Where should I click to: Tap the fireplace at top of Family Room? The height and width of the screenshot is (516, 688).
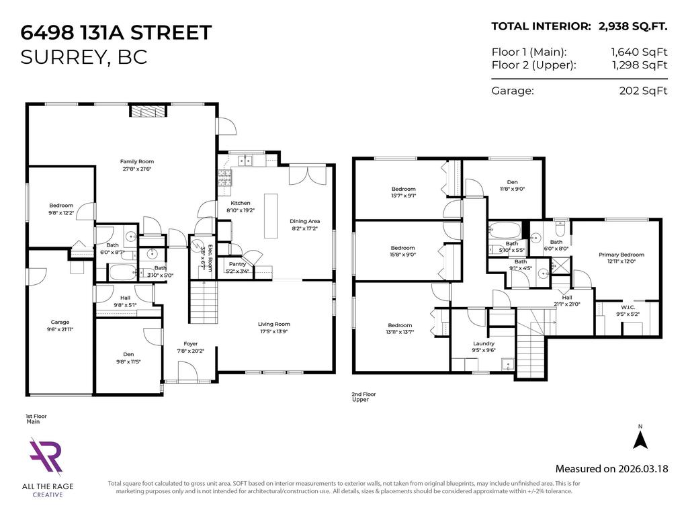click(x=145, y=111)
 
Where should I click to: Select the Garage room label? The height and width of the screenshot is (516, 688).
click(x=60, y=322)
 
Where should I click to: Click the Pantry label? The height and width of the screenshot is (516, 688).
click(x=237, y=264)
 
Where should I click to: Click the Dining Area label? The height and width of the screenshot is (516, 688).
click(x=304, y=221)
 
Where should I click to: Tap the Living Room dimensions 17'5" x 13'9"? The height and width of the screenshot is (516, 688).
click(x=274, y=332)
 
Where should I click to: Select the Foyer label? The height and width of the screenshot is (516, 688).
click(x=190, y=343)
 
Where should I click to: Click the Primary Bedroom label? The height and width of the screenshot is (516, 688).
click(x=621, y=255)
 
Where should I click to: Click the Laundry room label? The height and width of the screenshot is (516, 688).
click(x=484, y=343)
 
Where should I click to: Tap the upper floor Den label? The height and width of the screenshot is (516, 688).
click(x=507, y=181)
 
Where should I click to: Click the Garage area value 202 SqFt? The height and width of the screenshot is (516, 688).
click(x=643, y=91)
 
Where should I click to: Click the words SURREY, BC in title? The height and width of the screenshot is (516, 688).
click(x=84, y=57)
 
